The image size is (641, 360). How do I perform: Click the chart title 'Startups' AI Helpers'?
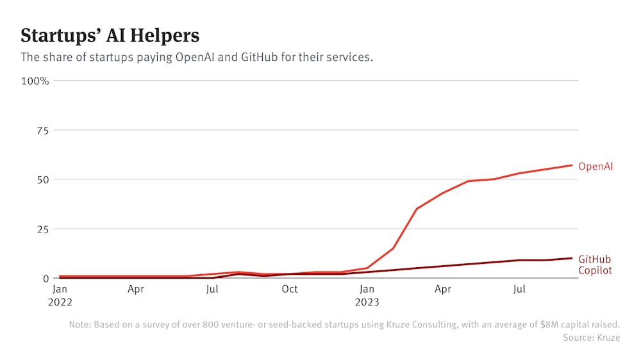(110, 35)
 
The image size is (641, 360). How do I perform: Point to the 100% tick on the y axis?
(35, 81)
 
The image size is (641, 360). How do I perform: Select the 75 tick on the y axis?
(42, 130)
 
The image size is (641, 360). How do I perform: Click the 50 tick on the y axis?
(42, 179)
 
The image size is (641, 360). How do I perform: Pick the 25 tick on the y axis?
(42, 229)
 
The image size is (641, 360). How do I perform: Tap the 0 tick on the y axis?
(46, 278)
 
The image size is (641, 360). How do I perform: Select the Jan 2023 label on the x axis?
(367, 295)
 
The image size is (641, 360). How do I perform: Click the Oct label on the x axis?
(290, 290)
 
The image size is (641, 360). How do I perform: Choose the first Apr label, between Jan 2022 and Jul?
(136, 290)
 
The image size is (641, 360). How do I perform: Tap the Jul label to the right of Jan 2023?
(520, 290)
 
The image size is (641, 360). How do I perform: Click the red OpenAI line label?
(595, 167)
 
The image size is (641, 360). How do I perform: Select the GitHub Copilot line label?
(595, 265)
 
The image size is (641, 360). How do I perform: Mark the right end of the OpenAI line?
(572, 165)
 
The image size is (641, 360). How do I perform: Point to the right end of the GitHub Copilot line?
(572, 258)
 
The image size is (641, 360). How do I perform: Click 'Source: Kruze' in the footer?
(592, 338)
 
